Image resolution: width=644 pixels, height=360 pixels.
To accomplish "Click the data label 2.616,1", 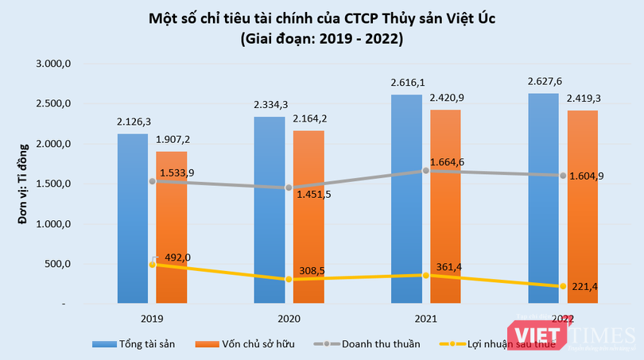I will (407, 82).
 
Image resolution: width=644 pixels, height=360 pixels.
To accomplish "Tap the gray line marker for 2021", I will (426, 171).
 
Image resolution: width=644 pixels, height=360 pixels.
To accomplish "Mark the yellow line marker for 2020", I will (289, 279).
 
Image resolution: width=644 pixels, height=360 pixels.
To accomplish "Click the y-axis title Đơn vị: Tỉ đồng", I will (25, 184).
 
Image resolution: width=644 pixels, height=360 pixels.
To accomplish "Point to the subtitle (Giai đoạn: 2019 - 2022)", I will (322, 38).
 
